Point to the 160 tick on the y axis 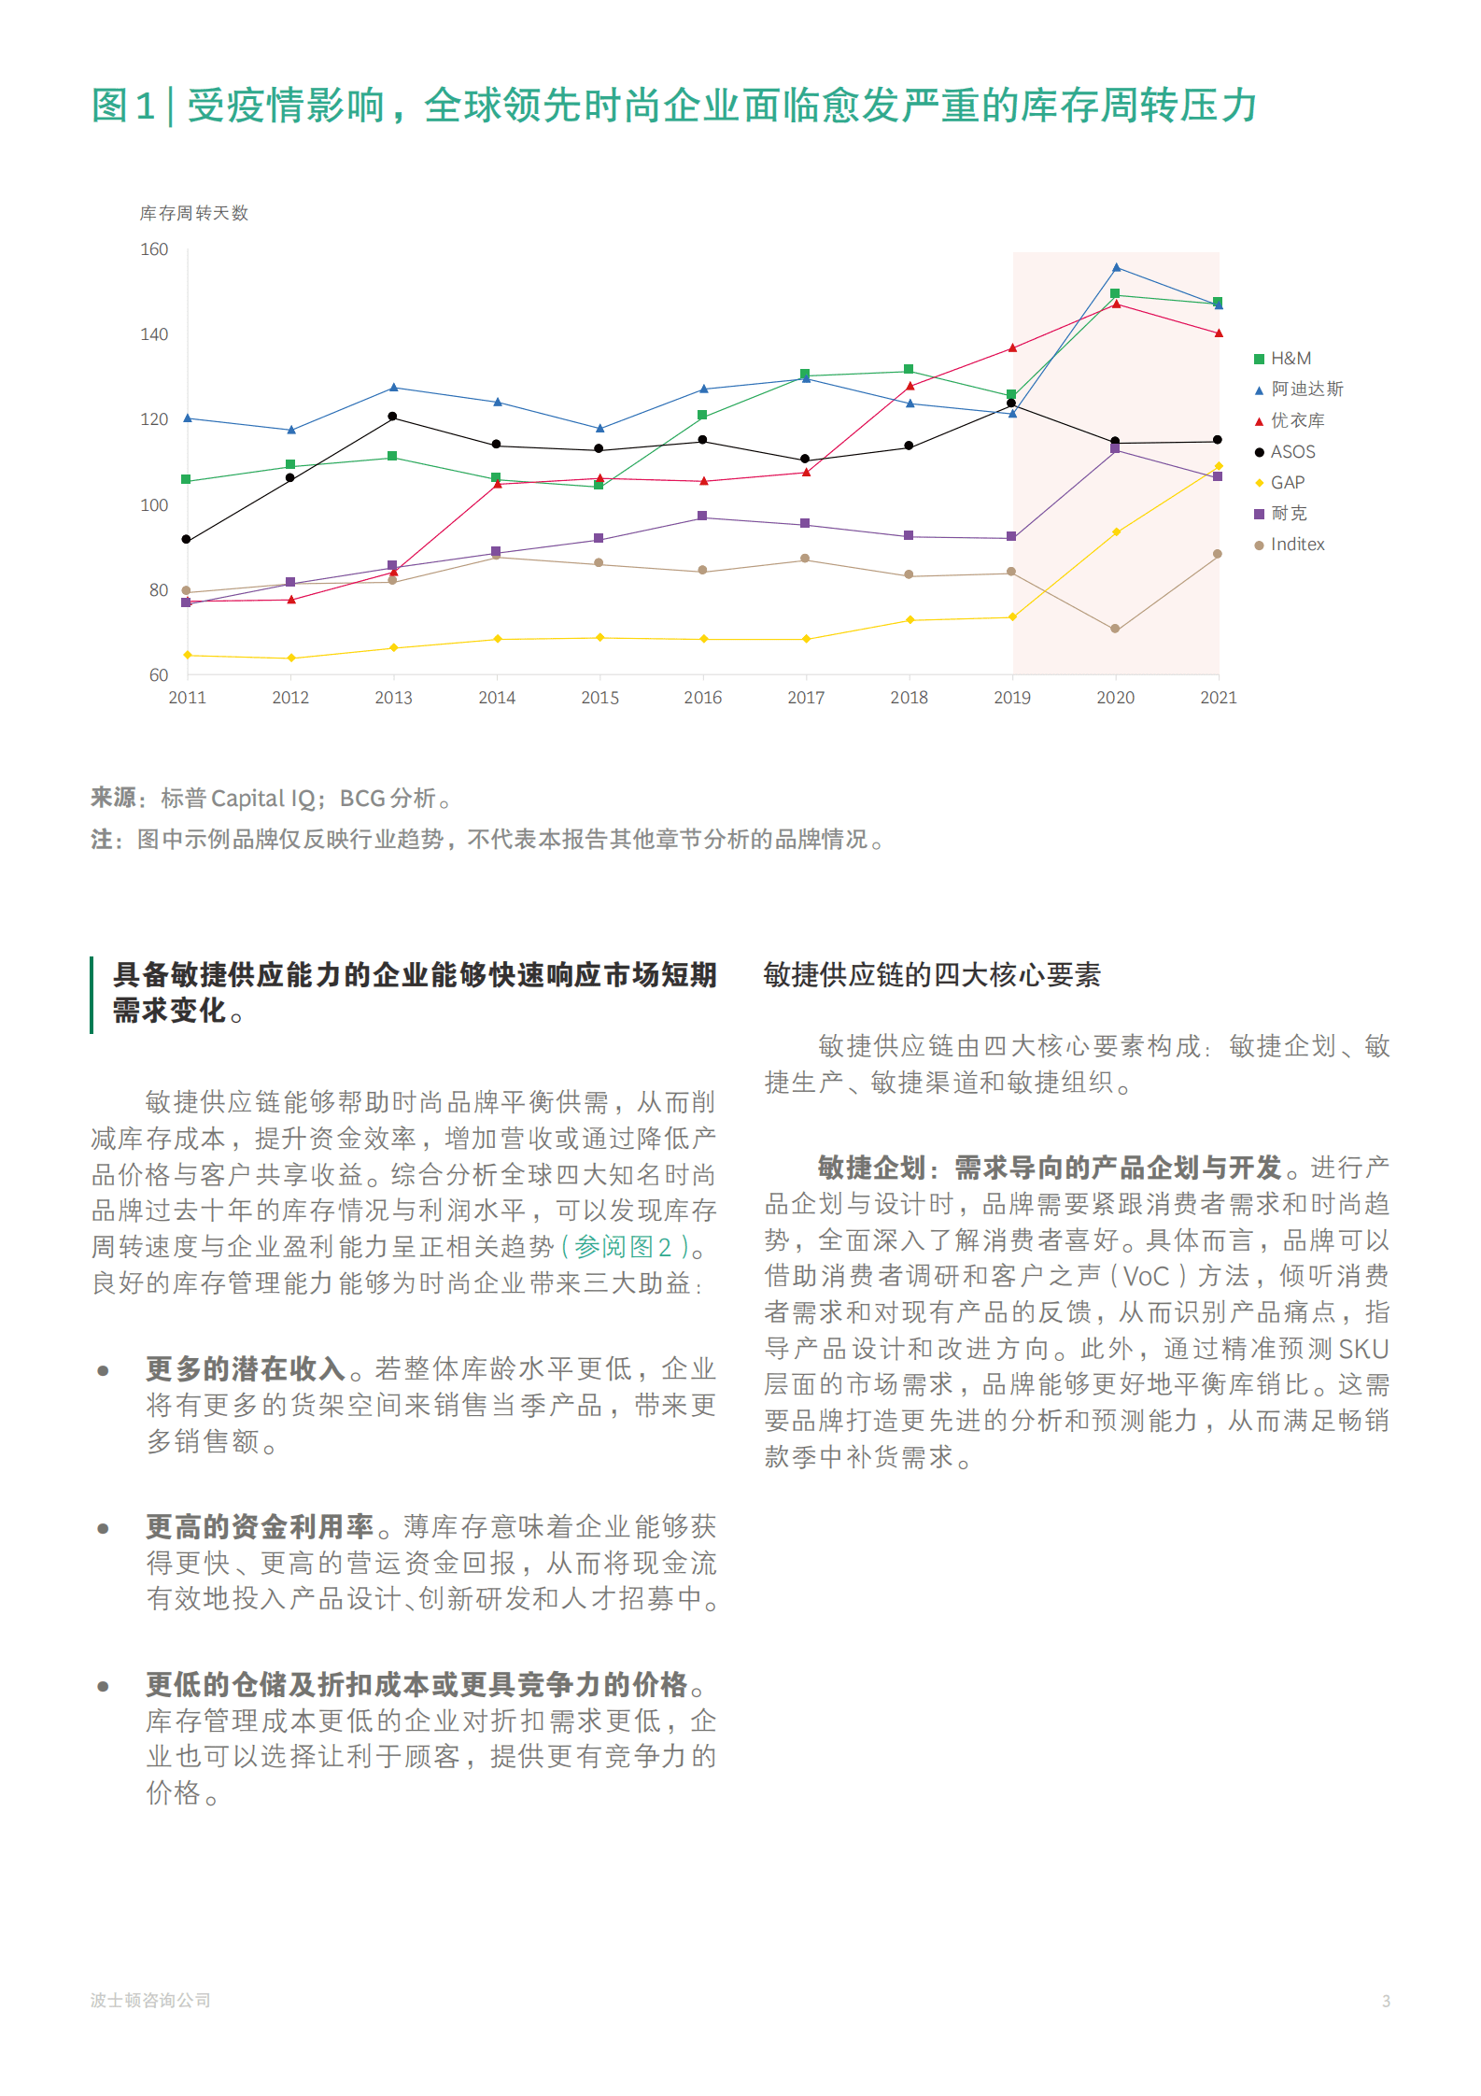pyautogui.click(x=154, y=249)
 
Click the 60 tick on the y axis pyautogui.click(x=159, y=675)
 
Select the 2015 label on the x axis pyautogui.click(x=599, y=698)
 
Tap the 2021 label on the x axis pyautogui.click(x=1218, y=698)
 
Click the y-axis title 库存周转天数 pyautogui.click(x=194, y=213)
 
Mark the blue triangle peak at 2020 pyautogui.click(x=1116, y=268)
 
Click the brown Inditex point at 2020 pyautogui.click(x=1115, y=629)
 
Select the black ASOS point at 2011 pyautogui.click(x=187, y=540)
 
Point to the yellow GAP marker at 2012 pyautogui.click(x=291, y=659)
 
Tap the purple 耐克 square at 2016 pyautogui.click(x=702, y=517)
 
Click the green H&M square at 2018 pyautogui.click(x=909, y=370)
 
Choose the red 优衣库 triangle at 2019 pyautogui.click(x=1012, y=348)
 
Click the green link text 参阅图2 pyautogui.click(x=622, y=1247)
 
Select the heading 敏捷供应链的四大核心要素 pyautogui.click(x=932, y=975)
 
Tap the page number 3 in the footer pyautogui.click(x=1386, y=2001)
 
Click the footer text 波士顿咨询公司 pyautogui.click(x=150, y=2000)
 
